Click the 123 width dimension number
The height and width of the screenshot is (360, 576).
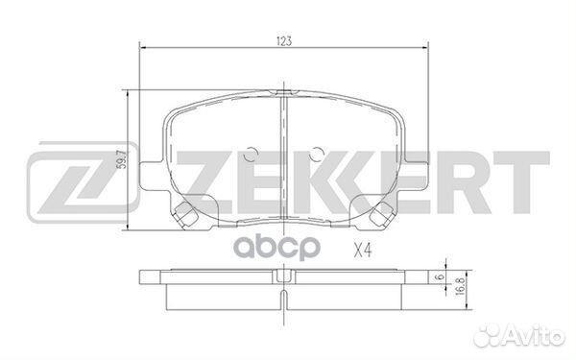tap(284, 40)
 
